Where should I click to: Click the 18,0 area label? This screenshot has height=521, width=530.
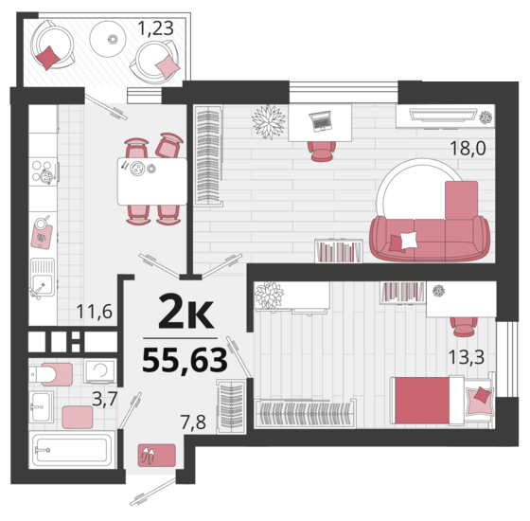468,148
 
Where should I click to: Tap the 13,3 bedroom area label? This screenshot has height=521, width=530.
467,357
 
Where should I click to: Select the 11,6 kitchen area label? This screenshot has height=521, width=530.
95,312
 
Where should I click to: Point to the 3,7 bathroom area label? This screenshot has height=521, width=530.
105,399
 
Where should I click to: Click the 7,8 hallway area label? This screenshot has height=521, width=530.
194,422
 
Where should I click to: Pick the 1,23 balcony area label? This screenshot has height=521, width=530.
156,28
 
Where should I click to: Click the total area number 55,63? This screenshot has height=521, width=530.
185,360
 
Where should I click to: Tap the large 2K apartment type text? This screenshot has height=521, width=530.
186,312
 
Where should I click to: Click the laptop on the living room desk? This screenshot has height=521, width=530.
320,121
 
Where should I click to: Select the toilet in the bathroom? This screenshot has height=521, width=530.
51,374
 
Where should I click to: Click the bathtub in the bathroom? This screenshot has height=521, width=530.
72,450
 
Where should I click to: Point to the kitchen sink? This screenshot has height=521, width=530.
43,278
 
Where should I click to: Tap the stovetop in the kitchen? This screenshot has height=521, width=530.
43,171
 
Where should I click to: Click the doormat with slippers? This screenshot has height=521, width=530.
156,456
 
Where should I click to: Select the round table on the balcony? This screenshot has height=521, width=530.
108,39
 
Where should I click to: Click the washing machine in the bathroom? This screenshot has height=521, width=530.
100,370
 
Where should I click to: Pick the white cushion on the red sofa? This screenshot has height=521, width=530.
408,241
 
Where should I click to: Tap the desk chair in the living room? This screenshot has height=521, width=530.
322,152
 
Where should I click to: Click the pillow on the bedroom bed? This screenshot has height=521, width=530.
480,398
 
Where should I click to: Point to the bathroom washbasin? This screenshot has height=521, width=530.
41,406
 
